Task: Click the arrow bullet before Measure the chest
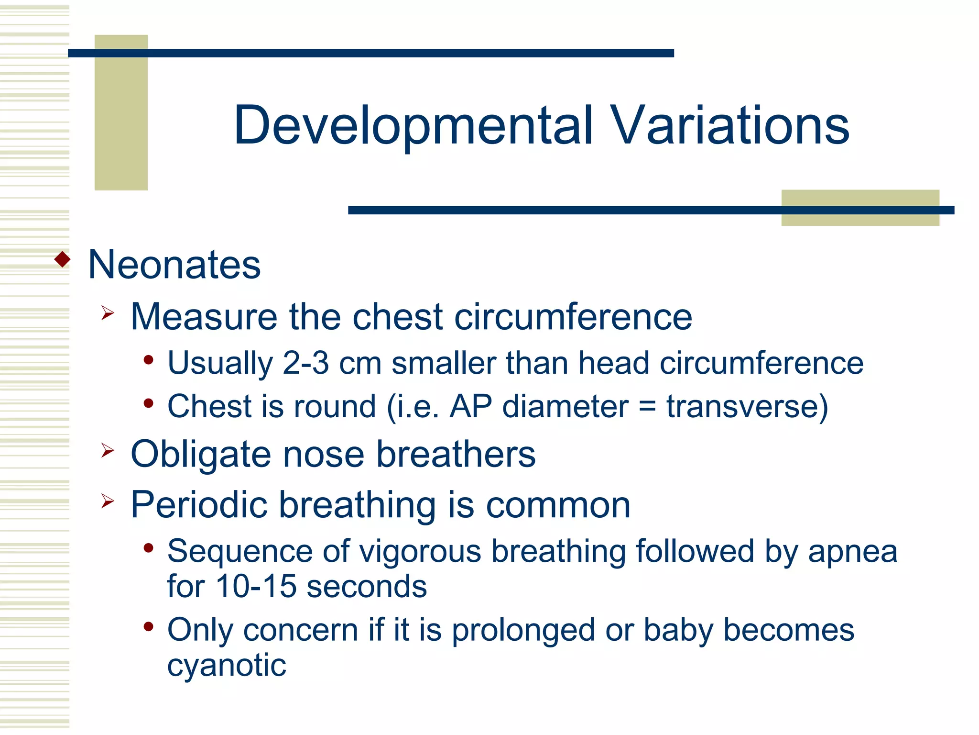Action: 108,313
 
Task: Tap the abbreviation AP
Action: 470,407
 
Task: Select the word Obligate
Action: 201,455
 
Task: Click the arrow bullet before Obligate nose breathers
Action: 108,450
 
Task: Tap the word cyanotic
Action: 227,665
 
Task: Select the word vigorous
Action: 420,552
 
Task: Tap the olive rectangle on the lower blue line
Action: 860,219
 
